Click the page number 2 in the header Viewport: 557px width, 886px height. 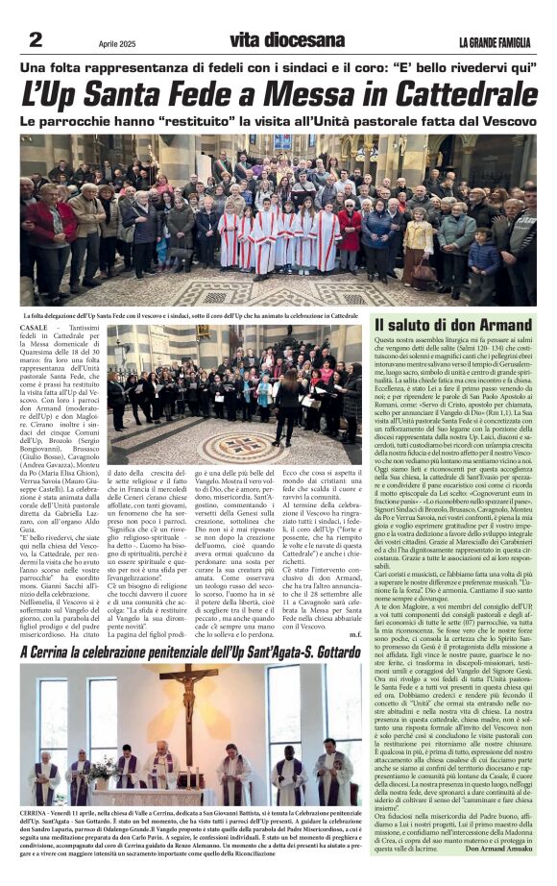[x=36, y=39]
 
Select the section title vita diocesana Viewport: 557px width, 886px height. [x=278, y=41]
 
